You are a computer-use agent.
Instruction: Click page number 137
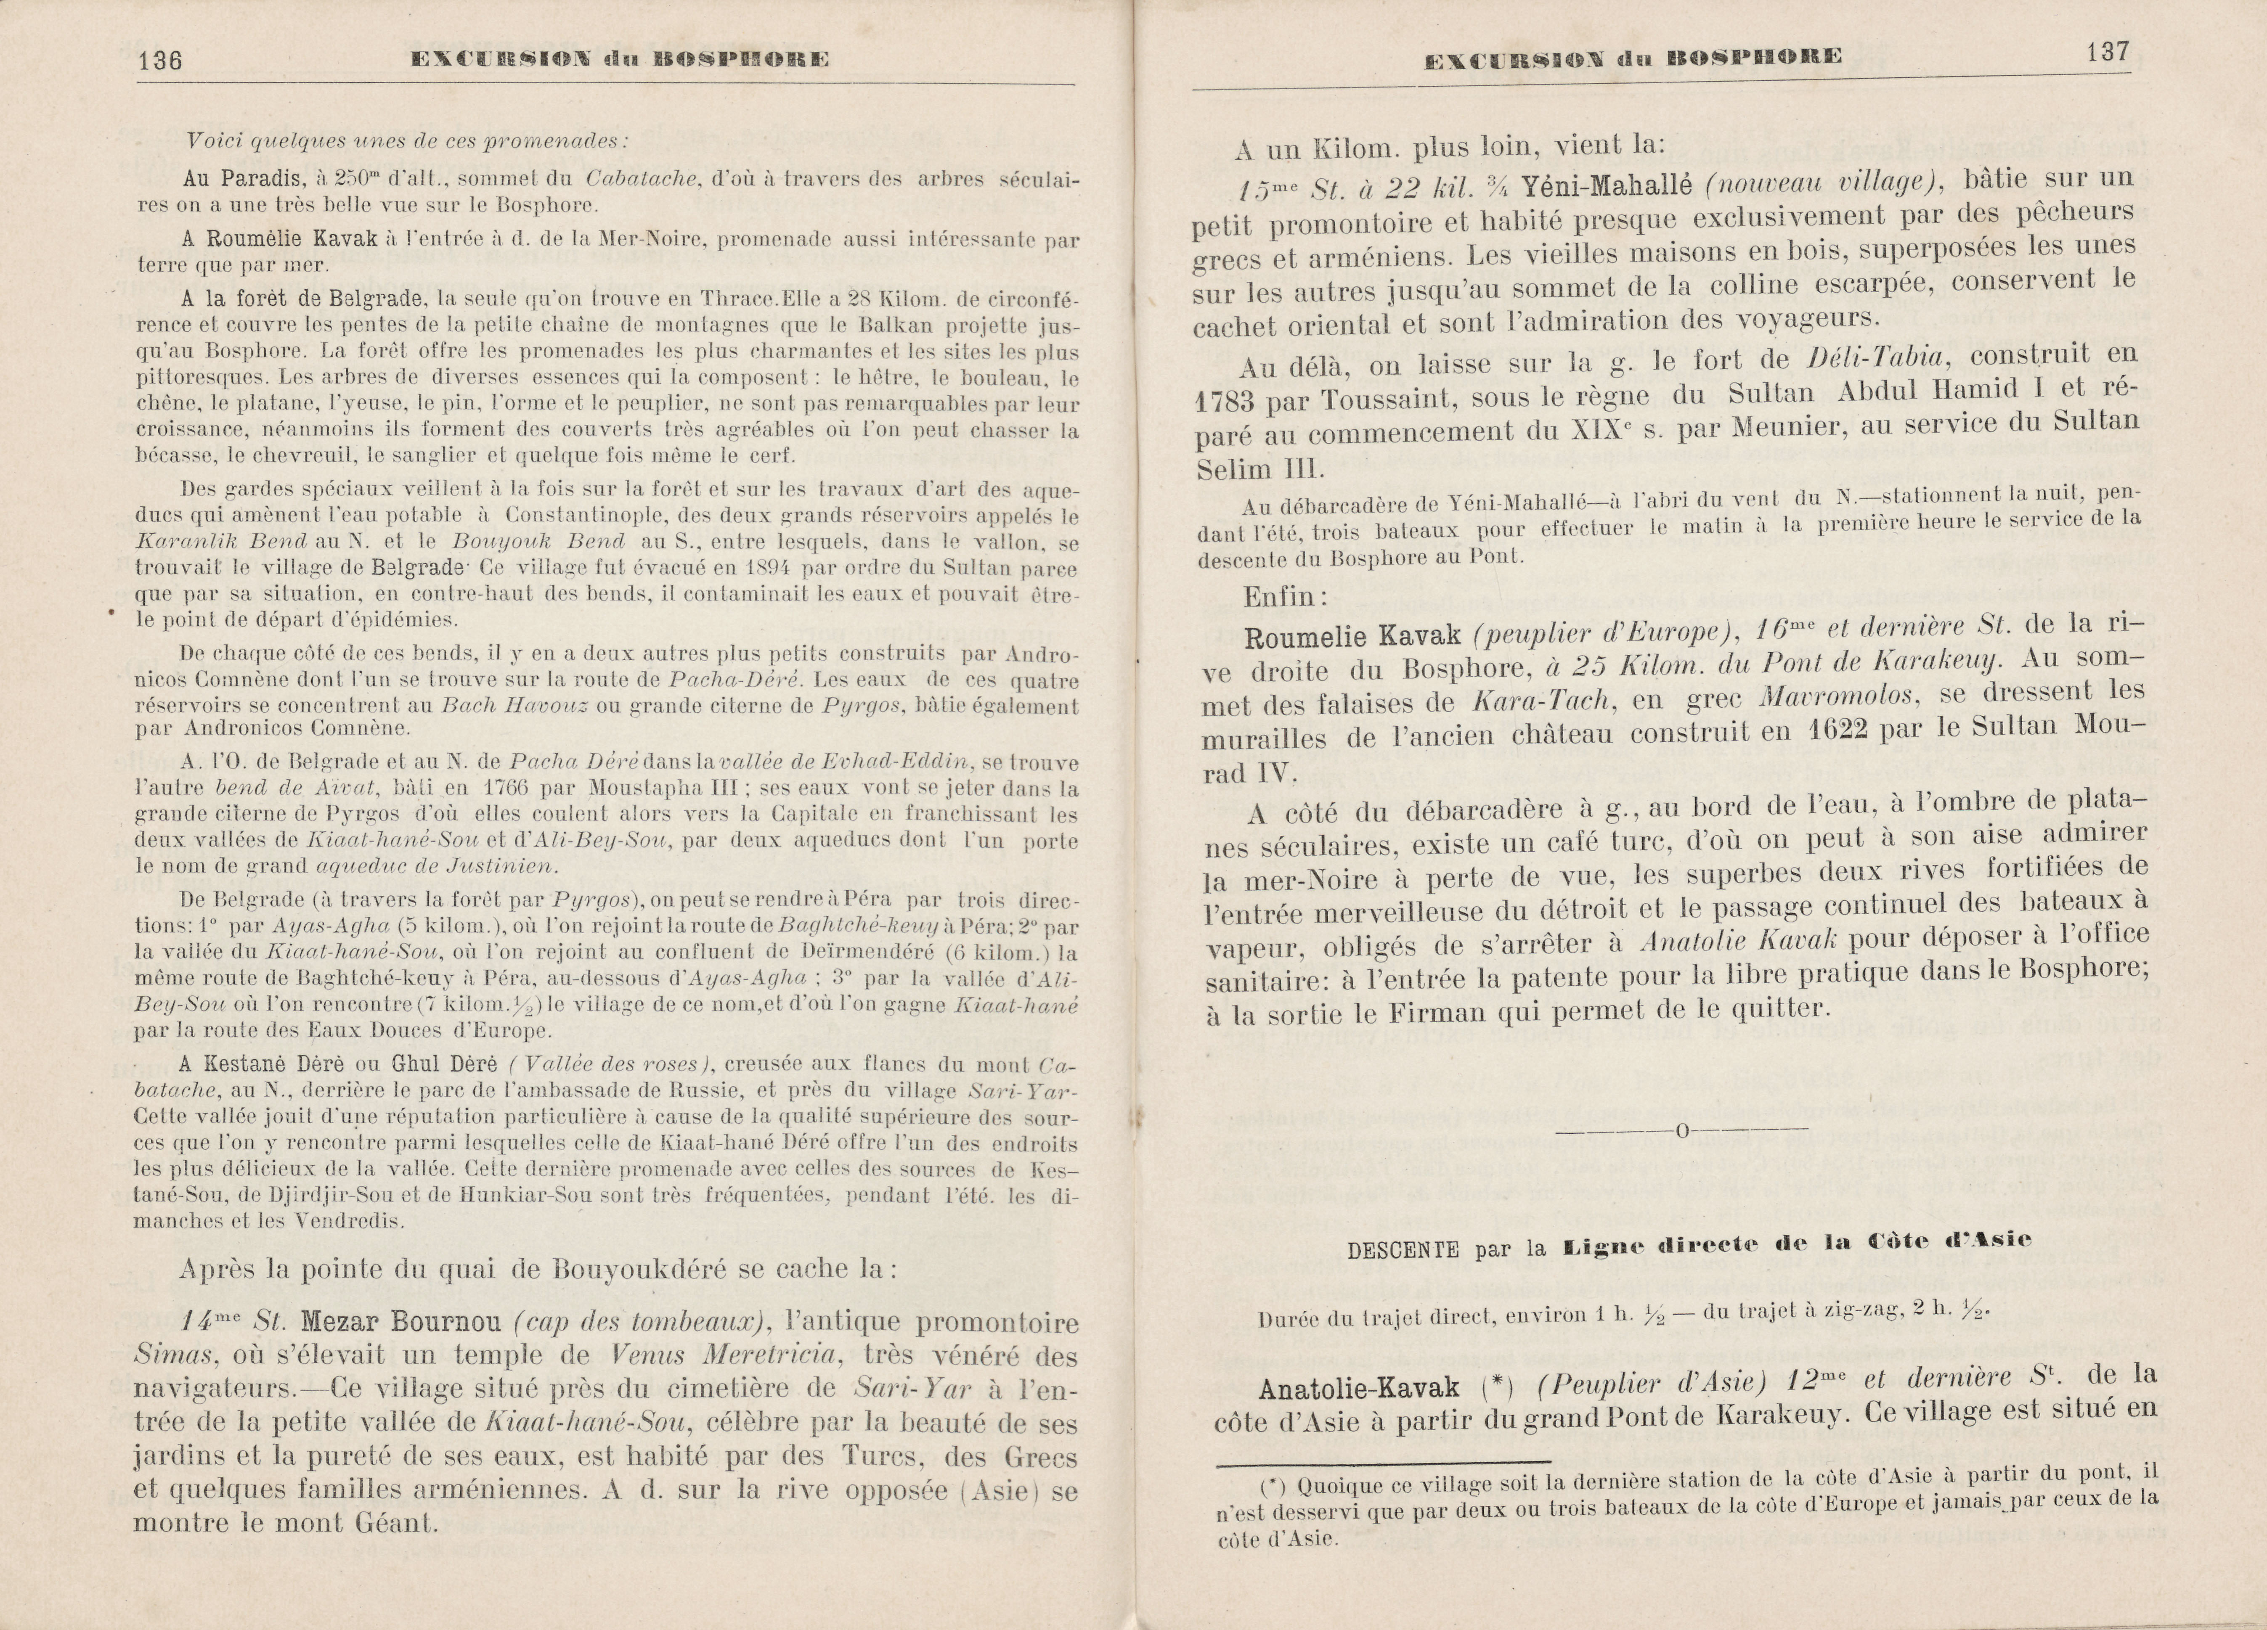2107,52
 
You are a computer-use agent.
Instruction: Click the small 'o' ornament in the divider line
1682,1131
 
